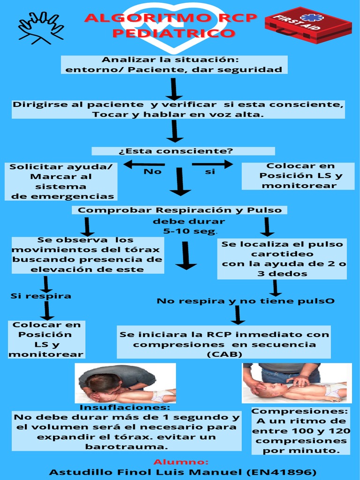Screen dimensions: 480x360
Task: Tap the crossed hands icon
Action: coord(41,28)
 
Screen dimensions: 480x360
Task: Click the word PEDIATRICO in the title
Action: coord(173,34)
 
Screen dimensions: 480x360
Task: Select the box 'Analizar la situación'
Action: coord(173,65)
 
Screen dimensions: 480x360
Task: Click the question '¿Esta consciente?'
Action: coord(182,151)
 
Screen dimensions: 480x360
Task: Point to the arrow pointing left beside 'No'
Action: coord(144,164)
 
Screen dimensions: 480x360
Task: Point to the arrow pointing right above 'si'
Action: coord(212,164)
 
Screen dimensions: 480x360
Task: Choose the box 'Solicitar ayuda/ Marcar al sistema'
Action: coord(61,181)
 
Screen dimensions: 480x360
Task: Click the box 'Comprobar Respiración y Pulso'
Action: coord(180,210)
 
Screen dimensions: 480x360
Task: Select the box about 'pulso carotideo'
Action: coord(282,259)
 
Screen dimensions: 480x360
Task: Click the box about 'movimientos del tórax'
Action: coord(88,255)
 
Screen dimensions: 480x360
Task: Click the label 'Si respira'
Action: coord(41,296)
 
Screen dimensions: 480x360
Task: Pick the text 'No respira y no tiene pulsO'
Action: coord(246,301)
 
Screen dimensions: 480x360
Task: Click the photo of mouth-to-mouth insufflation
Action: coord(125,383)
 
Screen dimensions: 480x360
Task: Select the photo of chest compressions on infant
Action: coord(296,383)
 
